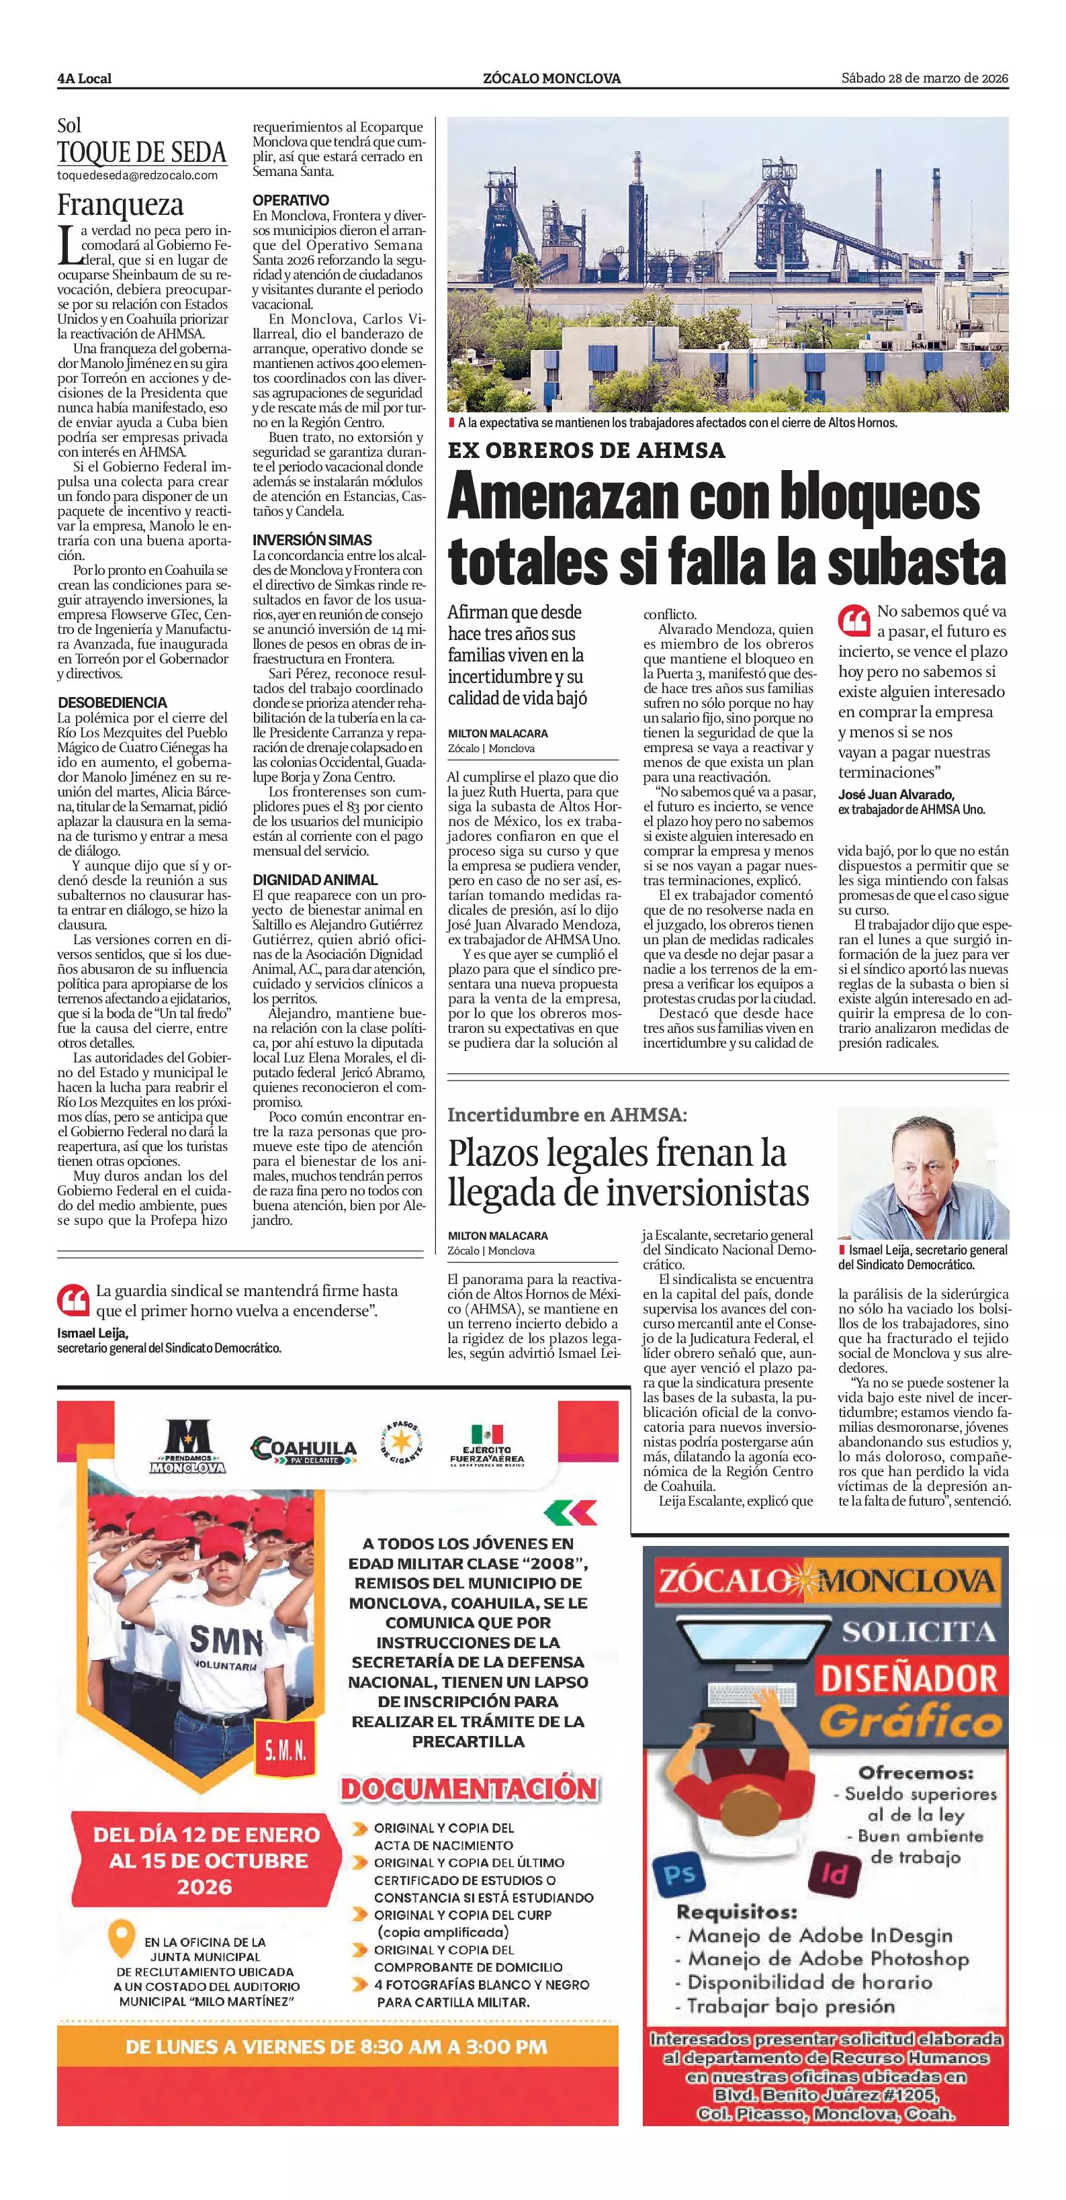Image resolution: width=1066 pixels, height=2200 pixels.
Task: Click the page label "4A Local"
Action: click(x=85, y=79)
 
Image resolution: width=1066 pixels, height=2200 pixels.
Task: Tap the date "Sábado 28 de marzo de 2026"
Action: click(x=924, y=78)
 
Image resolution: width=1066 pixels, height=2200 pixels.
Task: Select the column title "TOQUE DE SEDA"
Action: click(x=142, y=153)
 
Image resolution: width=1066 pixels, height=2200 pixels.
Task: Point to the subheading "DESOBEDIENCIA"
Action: click(x=113, y=703)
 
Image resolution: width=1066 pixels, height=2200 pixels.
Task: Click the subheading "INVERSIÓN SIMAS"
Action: click(x=312, y=540)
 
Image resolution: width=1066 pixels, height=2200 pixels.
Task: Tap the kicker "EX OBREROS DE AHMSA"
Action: click(x=586, y=449)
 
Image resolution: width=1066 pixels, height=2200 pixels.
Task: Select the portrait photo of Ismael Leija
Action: click(x=922, y=1173)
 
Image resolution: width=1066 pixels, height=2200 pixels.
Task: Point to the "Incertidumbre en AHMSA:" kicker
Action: click(x=567, y=1115)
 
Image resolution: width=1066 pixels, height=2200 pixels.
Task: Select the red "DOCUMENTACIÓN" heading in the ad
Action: click(x=469, y=1788)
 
